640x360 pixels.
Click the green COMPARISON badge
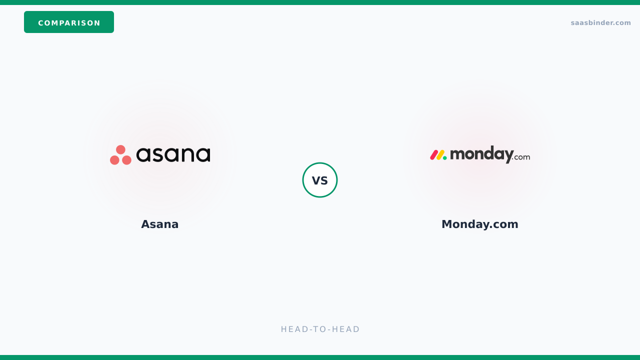pyautogui.click(x=69, y=22)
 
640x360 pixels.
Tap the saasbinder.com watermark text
pyautogui.click(x=600, y=23)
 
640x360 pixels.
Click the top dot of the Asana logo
pyautogui.click(x=120, y=149)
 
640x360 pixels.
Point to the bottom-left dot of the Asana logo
pyautogui.click(x=114, y=160)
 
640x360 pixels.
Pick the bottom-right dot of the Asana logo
pyautogui.click(x=126, y=160)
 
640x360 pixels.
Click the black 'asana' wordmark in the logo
pyautogui.click(x=173, y=154)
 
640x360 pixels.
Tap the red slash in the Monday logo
pyautogui.click(x=434, y=155)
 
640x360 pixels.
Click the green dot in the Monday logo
pyautogui.click(x=444, y=158)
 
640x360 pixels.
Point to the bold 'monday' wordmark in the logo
pyautogui.click(x=481, y=154)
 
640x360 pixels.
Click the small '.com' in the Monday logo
pyautogui.click(x=521, y=157)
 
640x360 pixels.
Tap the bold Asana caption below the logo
pyautogui.click(x=159, y=224)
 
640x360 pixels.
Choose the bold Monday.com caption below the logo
pyautogui.click(x=479, y=224)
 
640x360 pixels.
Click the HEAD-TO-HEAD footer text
pyautogui.click(x=320, y=329)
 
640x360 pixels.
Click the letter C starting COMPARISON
pyautogui.click(x=41, y=23)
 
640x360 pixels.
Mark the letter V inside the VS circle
pyautogui.click(x=315, y=180)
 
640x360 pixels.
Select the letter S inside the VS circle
pyautogui.click(x=324, y=180)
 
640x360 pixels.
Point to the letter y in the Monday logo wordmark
pyautogui.click(x=508, y=156)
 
